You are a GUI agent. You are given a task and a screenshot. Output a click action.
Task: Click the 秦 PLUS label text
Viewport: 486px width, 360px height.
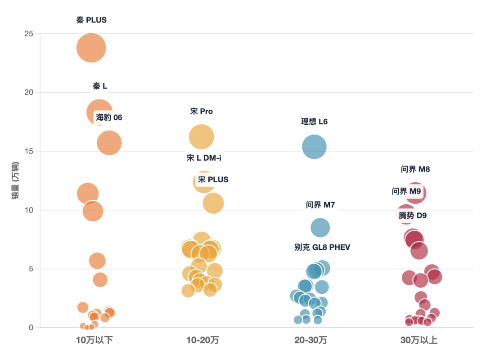click(x=91, y=20)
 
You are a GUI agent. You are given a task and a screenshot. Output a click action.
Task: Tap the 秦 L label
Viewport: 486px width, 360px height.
click(x=100, y=86)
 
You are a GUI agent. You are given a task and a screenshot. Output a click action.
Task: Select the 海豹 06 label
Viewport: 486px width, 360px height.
click(x=109, y=117)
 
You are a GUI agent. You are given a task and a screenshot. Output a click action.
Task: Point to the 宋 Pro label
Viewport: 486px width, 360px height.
click(x=201, y=111)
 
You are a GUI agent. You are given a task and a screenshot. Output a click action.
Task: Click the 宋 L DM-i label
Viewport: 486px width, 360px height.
click(x=204, y=157)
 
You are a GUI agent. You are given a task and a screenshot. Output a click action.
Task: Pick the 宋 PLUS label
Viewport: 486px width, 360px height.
click(x=213, y=180)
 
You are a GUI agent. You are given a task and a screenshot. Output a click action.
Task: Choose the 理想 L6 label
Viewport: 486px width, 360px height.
click(x=314, y=121)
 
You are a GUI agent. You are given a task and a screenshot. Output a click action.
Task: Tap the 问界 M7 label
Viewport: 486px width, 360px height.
click(x=320, y=205)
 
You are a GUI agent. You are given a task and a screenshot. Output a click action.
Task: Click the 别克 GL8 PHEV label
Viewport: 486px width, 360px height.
click(x=322, y=247)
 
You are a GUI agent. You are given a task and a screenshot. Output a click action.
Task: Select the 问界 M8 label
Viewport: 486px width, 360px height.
click(x=415, y=169)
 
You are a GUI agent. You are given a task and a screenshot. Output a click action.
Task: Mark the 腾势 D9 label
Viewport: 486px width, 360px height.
click(x=413, y=216)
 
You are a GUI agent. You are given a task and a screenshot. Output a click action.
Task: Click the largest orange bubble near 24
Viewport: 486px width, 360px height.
click(x=91, y=47)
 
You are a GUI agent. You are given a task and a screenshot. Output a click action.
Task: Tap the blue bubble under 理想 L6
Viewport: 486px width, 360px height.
click(x=314, y=147)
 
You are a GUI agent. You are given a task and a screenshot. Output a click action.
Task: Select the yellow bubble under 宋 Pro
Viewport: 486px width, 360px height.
click(x=201, y=137)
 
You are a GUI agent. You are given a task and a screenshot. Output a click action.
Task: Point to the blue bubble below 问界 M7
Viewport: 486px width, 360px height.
click(x=320, y=227)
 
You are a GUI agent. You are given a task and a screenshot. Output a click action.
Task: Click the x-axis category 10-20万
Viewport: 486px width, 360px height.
click(x=202, y=341)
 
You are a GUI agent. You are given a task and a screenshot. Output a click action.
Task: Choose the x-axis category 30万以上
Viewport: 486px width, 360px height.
click(x=419, y=341)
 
